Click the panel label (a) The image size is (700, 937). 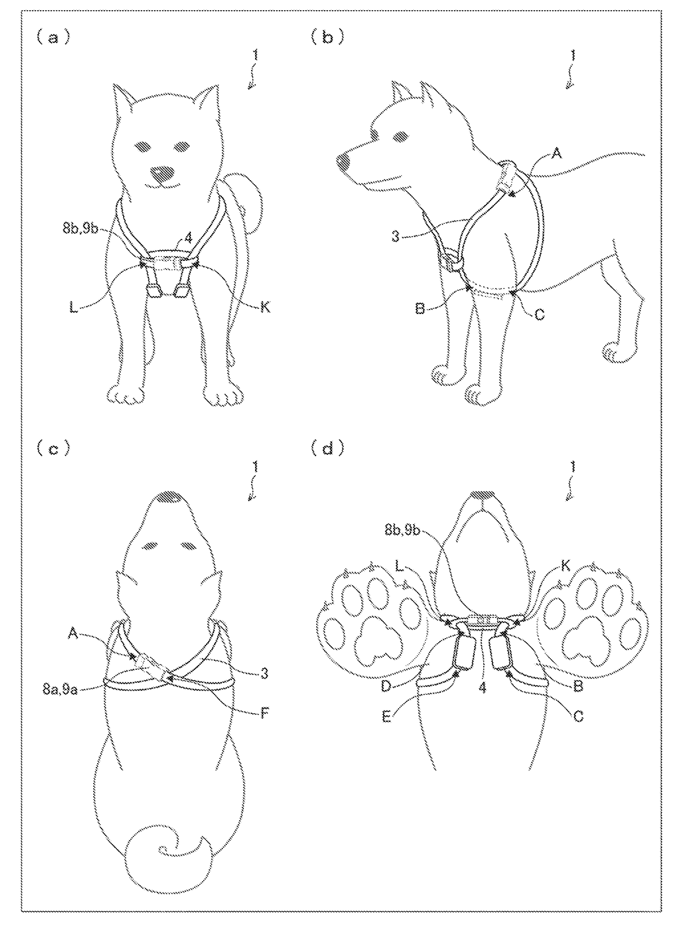53,38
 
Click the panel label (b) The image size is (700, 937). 327,38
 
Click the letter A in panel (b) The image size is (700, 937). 556,154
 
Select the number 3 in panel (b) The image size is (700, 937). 396,237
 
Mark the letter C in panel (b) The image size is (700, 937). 539,315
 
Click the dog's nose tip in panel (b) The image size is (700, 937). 343,163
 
